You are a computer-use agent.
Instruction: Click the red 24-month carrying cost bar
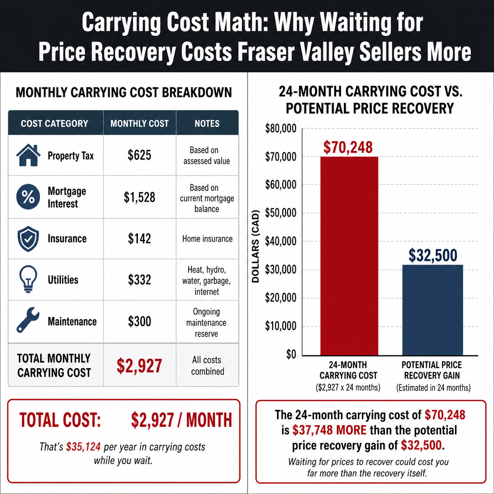pyautogui.click(x=349, y=256)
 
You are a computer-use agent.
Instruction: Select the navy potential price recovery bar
pyautogui.click(x=433, y=310)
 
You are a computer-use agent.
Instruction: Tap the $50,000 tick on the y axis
pyautogui.click(x=280, y=213)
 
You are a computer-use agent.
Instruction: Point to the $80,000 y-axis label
pyautogui.click(x=280, y=128)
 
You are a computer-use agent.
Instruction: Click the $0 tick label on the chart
pyautogui.click(x=291, y=355)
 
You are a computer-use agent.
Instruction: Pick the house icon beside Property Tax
pyautogui.click(x=28, y=155)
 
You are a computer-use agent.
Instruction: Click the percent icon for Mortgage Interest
pyautogui.click(x=28, y=197)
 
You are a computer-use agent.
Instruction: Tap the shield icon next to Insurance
pyautogui.click(x=28, y=238)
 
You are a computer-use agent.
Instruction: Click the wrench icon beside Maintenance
pyautogui.click(x=28, y=320)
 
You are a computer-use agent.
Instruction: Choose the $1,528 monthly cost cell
pyautogui.click(x=139, y=197)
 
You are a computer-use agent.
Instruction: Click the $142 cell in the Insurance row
pyautogui.click(x=139, y=238)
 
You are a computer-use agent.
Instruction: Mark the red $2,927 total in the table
pyautogui.click(x=139, y=366)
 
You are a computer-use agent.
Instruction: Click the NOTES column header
pyautogui.click(x=207, y=123)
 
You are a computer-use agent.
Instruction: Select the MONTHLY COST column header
pyautogui.click(x=139, y=123)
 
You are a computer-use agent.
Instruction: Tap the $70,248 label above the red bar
pyautogui.click(x=348, y=147)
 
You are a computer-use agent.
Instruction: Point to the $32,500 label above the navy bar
pyautogui.click(x=433, y=255)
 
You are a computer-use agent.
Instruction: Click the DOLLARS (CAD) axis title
pyautogui.click(x=256, y=246)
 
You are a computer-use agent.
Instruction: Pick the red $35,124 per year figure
pyautogui.click(x=83, y=447)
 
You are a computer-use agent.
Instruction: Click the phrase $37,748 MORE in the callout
pyautogui.click(x=329, y=430)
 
